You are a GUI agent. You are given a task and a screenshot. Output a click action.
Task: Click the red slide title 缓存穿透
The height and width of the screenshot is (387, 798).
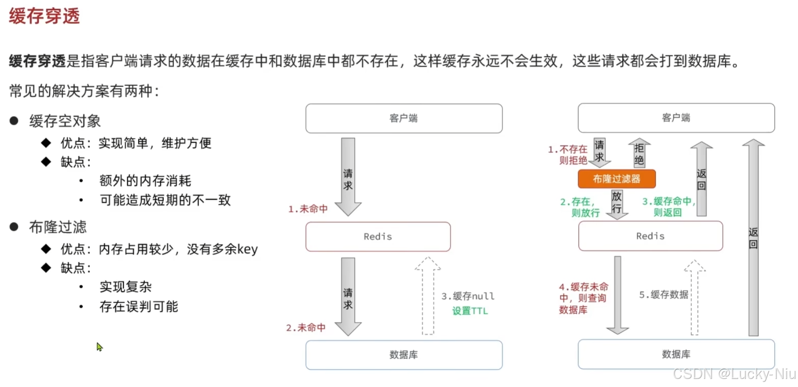pos(44,16)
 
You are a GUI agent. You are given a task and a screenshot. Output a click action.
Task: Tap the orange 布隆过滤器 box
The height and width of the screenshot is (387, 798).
pos(616,179)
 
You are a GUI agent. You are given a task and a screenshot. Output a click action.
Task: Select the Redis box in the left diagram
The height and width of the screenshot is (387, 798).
pos(378,236)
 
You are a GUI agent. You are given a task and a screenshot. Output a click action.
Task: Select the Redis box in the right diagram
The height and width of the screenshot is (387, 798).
pos(650,236)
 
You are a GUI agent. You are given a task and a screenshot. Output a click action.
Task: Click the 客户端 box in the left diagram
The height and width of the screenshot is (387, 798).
pos(403,118)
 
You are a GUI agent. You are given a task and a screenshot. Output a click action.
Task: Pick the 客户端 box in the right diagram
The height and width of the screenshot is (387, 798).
pos(676,118)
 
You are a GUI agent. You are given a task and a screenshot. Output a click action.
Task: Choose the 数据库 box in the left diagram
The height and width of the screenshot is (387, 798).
pos(403,355)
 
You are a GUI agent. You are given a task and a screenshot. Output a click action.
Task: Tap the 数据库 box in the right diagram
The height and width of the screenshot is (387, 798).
pos(676,354)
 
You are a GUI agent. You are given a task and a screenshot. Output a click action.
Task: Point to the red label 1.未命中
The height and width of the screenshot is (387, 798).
pos(308,209)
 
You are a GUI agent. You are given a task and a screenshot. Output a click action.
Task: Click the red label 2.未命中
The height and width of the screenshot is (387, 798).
pos(306,328)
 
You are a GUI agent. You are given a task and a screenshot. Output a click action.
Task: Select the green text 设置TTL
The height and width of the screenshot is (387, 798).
pos(470,311)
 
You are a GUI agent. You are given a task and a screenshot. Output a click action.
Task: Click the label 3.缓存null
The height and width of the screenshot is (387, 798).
pos(468,296)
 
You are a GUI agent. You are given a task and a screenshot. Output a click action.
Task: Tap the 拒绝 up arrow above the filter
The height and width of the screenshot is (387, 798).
pos(639,153)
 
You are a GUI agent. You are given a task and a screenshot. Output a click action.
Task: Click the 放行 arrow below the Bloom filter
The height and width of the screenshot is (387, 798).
pos(617,204)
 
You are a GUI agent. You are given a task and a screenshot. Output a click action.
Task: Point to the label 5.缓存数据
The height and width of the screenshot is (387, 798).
pos(663,295)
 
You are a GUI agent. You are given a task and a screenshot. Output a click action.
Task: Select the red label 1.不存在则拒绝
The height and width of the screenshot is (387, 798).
pos(568,155)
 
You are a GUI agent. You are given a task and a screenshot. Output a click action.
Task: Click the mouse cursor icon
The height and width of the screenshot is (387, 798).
pos(99,347)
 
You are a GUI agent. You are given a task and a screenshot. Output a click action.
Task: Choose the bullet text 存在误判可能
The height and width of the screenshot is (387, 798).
pos(139,307)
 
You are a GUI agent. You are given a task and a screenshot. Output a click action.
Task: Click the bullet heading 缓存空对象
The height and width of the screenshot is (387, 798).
pos(65,121)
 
